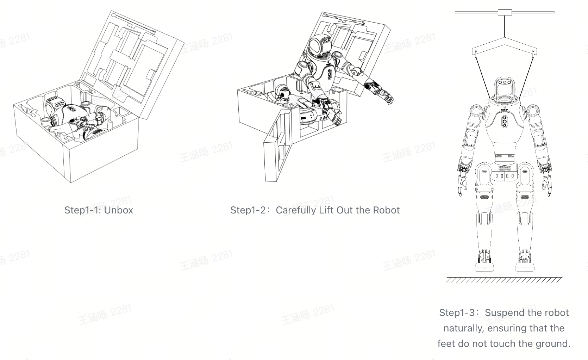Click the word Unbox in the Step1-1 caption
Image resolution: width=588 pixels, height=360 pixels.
click(119, 210)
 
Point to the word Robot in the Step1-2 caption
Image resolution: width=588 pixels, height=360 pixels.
click(386, 210)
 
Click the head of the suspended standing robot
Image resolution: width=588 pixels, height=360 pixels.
click(505, 88)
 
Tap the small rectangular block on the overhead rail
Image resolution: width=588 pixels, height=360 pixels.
click(505, 12)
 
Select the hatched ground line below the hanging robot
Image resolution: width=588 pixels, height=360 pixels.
click(504, 280)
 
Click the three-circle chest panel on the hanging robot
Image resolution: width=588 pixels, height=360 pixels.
click(505, 121)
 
